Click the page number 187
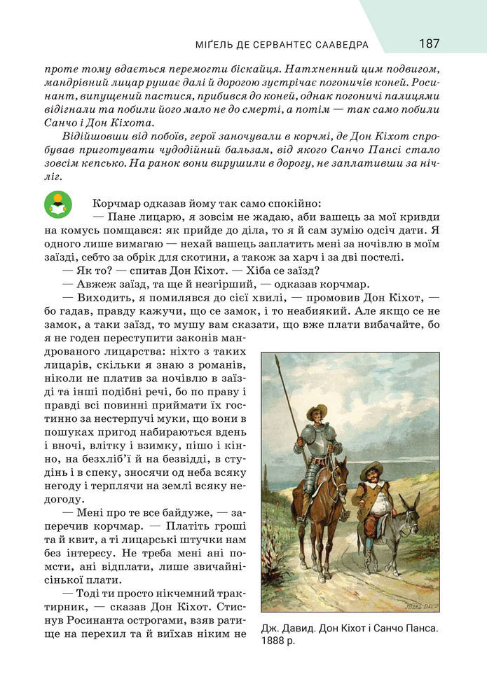pos(429,43)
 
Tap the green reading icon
pos(57,205)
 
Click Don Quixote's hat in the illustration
pos(316,411)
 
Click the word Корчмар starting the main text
pos(115,203)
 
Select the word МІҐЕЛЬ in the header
pos(214,45)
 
